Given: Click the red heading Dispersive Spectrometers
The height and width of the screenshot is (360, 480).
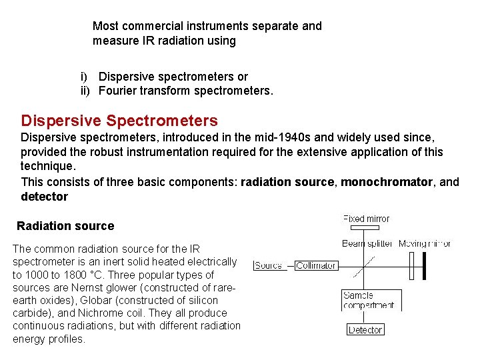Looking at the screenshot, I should tap(119, 121).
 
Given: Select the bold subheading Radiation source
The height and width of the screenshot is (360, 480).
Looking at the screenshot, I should tap(65, 226).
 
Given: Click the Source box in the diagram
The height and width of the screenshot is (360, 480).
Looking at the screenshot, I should tap(269, 265).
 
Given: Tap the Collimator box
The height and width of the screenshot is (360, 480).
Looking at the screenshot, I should tap(316, 265).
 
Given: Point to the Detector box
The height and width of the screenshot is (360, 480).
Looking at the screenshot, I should tap(365, 329).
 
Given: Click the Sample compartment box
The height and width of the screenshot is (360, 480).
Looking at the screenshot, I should tap(369, 300).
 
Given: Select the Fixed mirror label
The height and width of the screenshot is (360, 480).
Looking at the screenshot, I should tap(366, 219).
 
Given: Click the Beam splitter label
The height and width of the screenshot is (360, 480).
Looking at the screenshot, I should tap(367, 243).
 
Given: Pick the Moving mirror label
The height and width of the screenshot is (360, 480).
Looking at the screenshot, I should tap(425, 243).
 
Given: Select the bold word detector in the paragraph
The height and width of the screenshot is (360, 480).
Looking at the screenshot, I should tap(45, 197).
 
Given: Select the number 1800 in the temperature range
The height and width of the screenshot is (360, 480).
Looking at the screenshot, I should tap(77, 275).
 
